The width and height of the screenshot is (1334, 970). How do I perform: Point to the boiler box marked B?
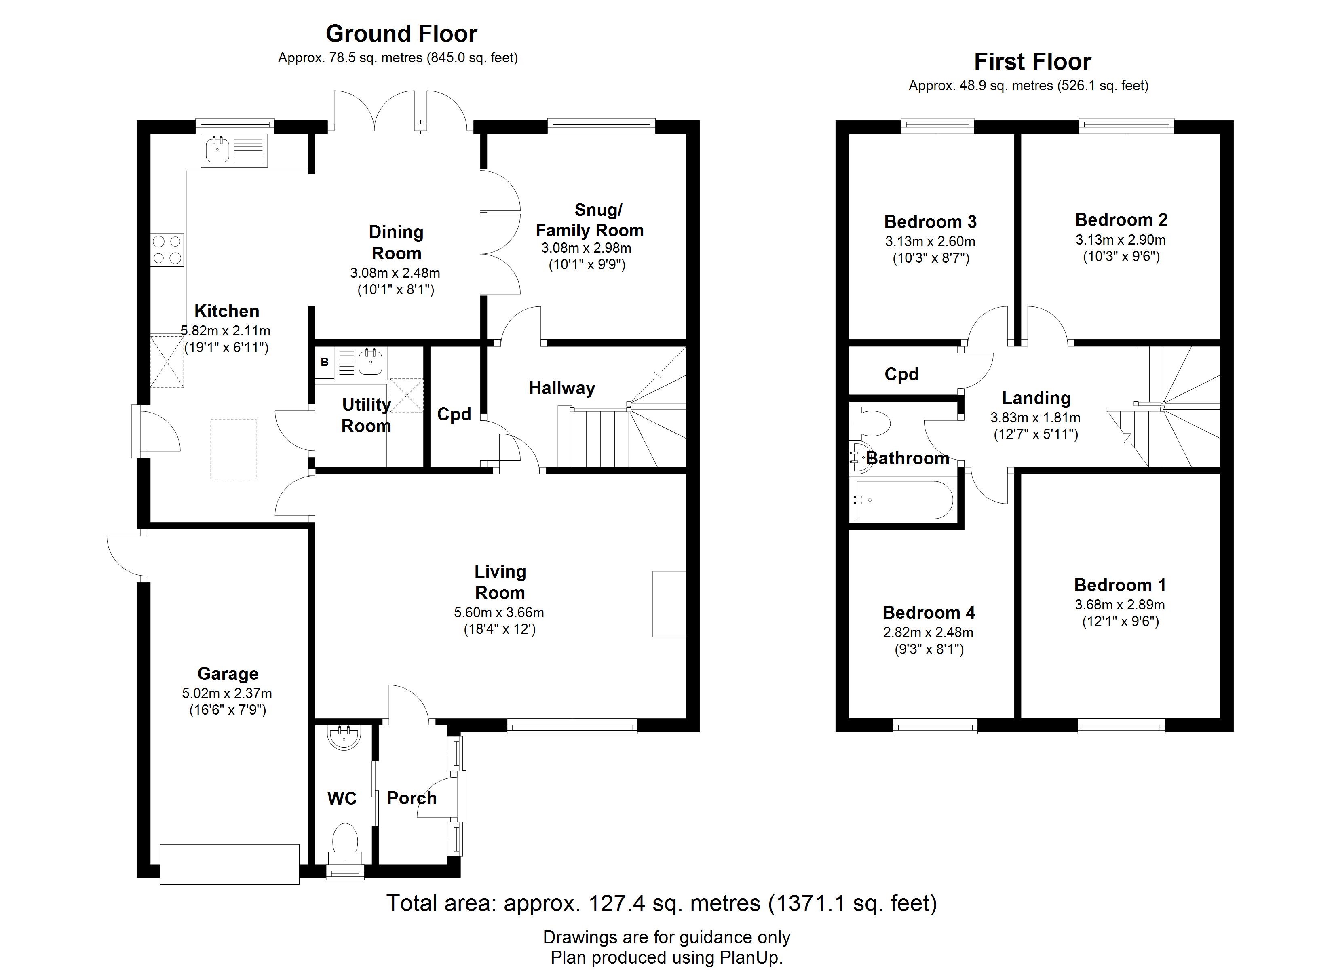tap(324, 363)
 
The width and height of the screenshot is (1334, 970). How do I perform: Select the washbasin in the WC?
tap(344, 738)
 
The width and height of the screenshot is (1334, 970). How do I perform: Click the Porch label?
tap(412, 798)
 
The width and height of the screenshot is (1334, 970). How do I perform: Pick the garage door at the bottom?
tap(229, 864)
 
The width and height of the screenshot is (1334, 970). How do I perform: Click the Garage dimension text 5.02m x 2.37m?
tap(227, 694)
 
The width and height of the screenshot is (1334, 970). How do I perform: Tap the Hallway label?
tap(562, 388)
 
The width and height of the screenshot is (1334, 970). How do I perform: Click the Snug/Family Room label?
tap(590, 220)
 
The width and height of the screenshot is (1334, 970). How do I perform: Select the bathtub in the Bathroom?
tap(904, 500)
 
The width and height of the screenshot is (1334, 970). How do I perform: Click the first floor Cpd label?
tap(902, 374)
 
